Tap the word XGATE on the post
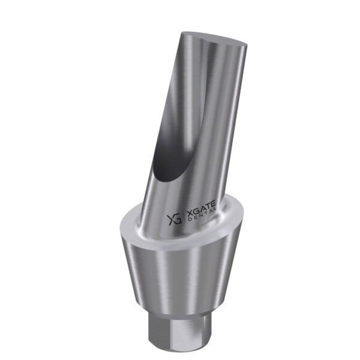(x=202, y=209)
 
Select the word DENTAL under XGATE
(x=202, y=215)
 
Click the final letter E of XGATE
(x=213, y=203)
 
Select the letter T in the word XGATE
(x=208, y=206)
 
